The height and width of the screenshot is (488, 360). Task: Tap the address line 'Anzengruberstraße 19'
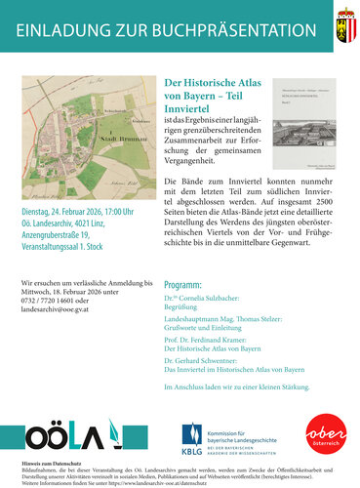click(x=59, y=264)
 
